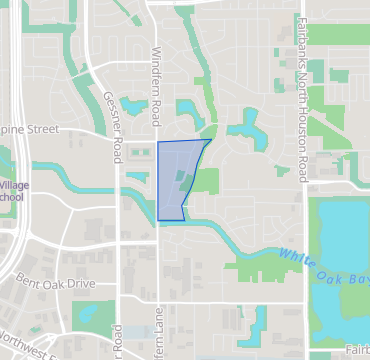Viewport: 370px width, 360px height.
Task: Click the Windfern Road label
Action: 157,84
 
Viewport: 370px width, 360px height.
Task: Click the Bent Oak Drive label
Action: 54,284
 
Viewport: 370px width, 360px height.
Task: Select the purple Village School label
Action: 13,191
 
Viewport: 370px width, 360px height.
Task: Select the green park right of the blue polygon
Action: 205,181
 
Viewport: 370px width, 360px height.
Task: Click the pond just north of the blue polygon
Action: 188,109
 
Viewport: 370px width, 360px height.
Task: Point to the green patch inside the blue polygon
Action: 181,180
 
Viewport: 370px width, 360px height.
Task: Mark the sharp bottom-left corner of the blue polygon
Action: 159,219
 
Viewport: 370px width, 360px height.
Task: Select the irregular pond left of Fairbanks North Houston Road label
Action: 244,126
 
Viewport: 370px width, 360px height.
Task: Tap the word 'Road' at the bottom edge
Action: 117,340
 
